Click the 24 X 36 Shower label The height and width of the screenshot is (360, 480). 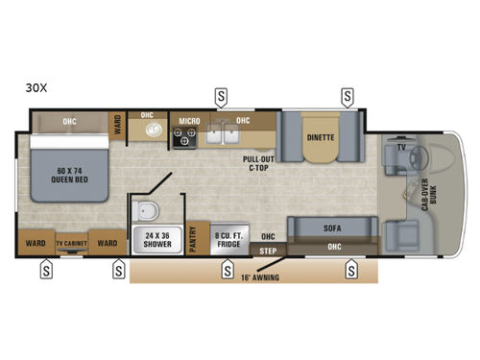pos(157,238)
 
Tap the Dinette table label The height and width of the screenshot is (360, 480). pos(321,137)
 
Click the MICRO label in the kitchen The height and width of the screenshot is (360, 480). pos(188,121)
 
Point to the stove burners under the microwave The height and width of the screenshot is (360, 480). pos(183,139)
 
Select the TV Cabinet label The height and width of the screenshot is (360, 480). pos(72,244)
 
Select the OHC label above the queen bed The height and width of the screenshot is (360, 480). pos(69,122)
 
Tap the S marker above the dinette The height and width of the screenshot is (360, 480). pos(348,96)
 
